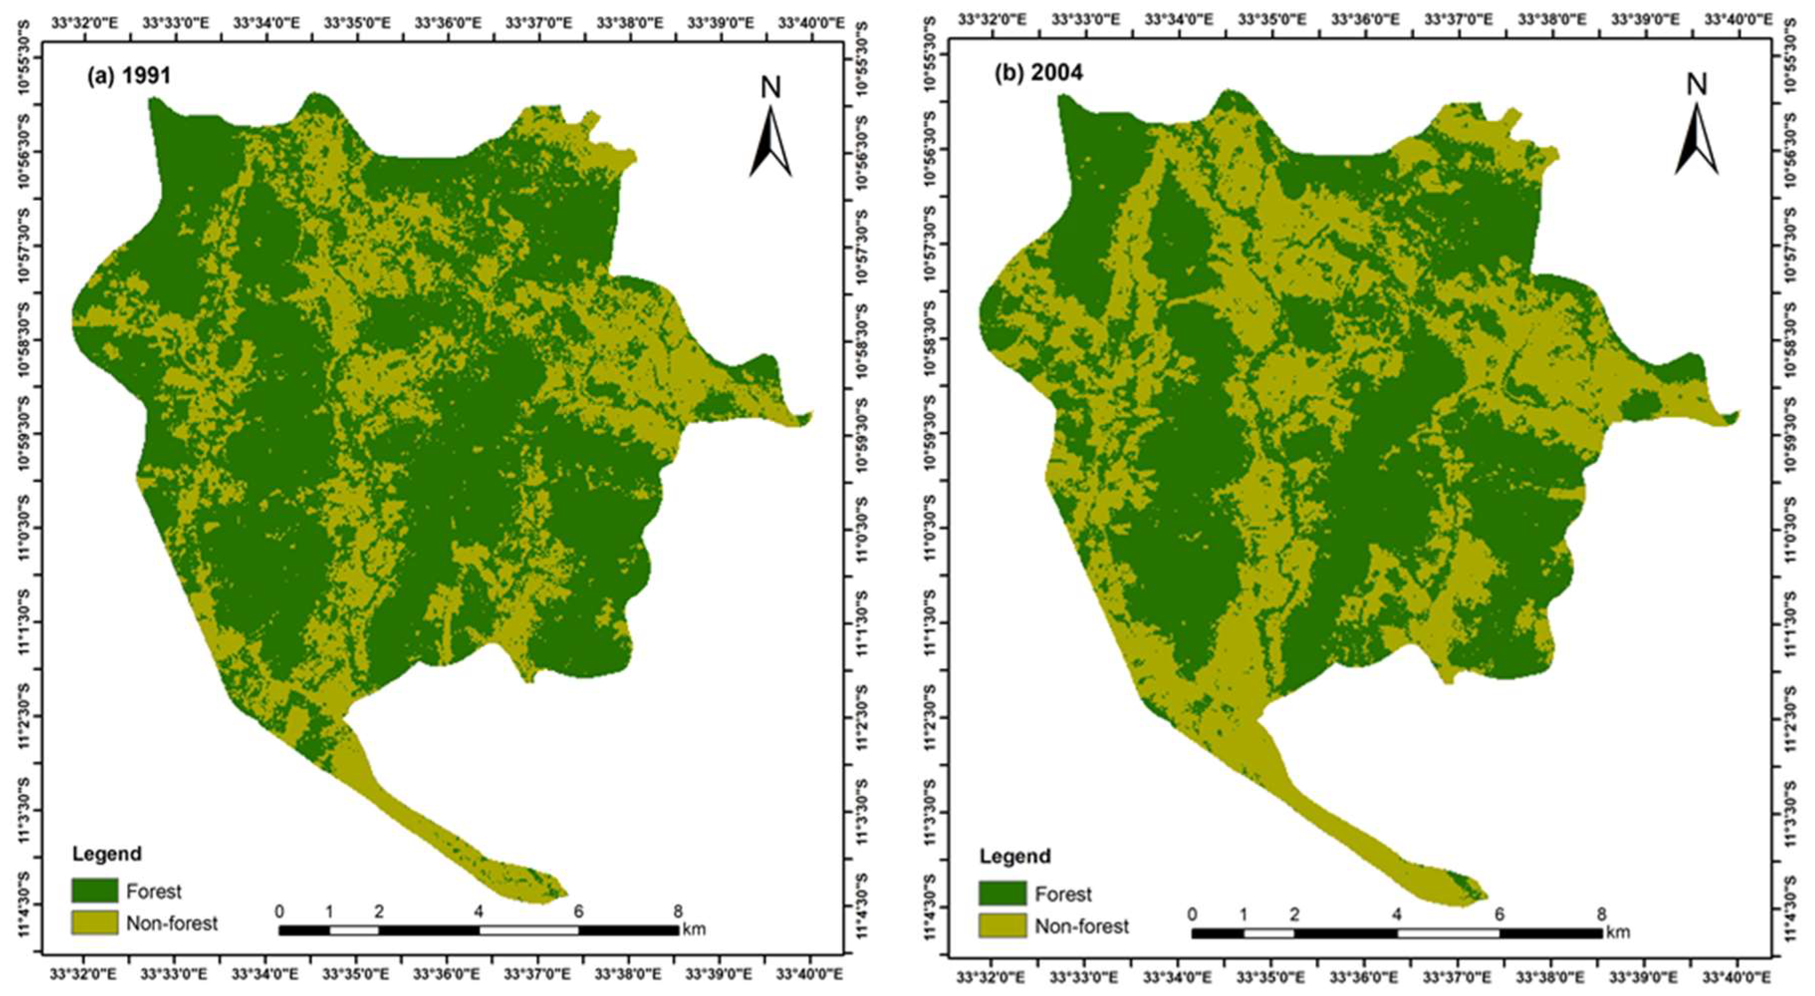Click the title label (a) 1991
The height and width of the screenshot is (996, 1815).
click(129, 75)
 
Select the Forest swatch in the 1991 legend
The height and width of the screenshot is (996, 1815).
click(95, 891)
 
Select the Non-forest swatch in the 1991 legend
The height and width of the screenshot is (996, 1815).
click(95, 923)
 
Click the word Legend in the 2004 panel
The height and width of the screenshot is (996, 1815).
click(1015, 856)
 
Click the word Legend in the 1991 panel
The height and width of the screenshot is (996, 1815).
click(107, 854)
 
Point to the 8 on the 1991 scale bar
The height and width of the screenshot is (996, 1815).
click(678, 912)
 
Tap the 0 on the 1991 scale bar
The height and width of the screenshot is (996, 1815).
click(280, 912)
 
